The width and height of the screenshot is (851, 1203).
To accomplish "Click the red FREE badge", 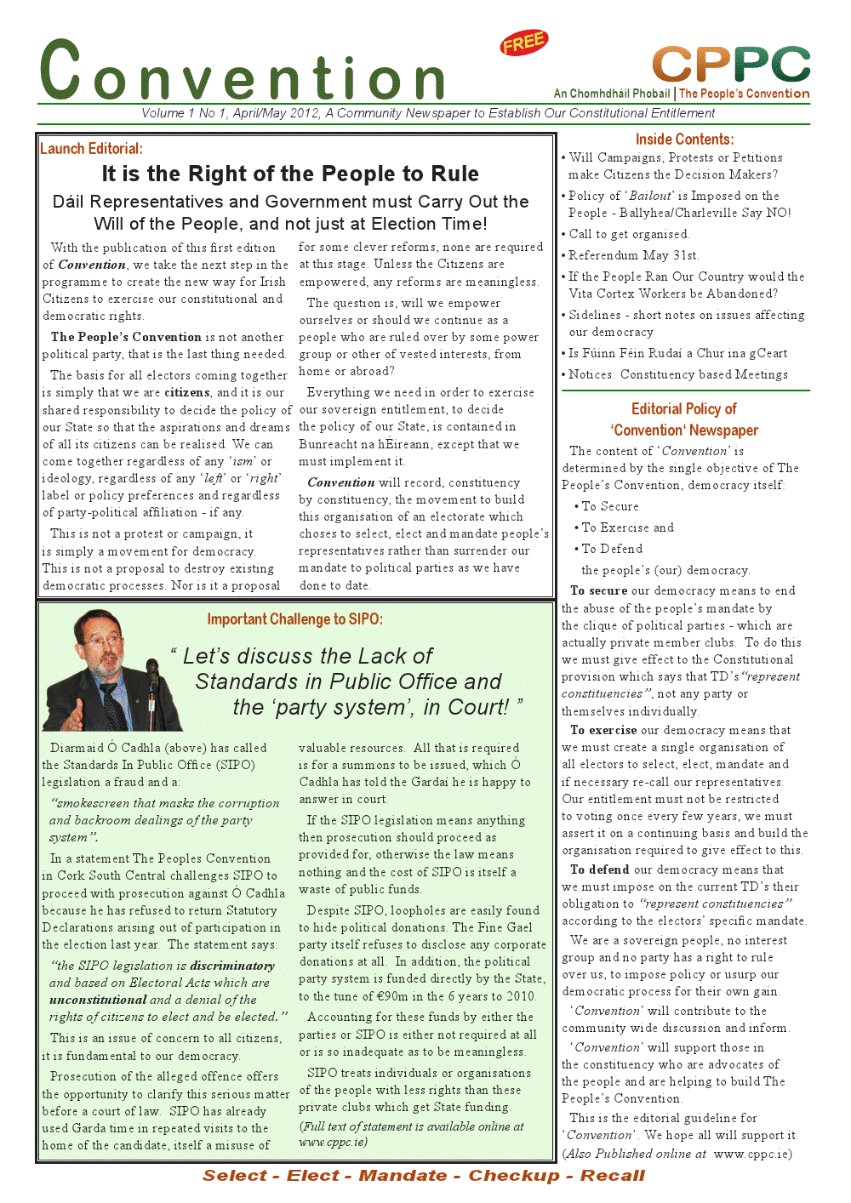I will (524, 43).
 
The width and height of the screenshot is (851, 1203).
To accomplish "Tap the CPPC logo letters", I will (731, 65).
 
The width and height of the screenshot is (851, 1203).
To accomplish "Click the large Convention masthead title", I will (243, 73).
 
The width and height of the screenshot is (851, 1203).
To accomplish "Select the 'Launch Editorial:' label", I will (91, 149).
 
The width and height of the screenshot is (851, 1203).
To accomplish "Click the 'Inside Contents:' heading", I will (684, 140).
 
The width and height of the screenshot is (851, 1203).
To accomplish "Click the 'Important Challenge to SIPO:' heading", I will (294, 619).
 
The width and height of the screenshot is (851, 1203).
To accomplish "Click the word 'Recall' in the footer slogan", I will (613, 1176).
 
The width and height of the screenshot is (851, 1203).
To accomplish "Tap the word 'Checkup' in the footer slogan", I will (514, 1176).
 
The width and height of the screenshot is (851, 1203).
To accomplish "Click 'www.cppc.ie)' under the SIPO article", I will (333, 1142).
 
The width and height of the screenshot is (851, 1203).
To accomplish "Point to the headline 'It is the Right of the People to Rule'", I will (290, 174).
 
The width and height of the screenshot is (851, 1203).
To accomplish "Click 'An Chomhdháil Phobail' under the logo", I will (612, 94).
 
